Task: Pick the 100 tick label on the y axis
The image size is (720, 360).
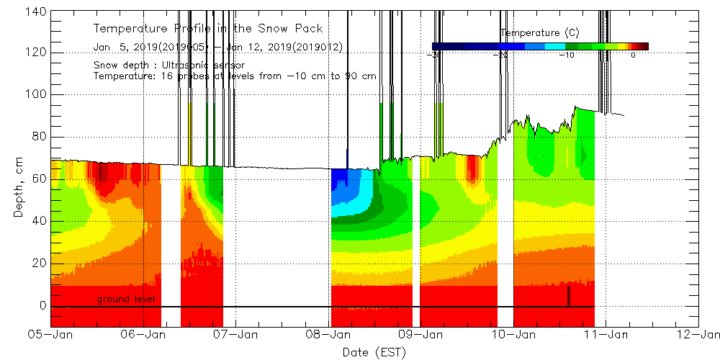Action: coord(36,94)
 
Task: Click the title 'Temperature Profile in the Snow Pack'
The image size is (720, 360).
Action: coord(208,29)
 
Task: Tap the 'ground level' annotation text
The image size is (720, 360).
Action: coord(127,299)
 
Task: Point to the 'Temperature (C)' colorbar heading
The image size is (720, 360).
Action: coord(540,33)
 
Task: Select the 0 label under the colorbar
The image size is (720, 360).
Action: coord(633,55)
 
